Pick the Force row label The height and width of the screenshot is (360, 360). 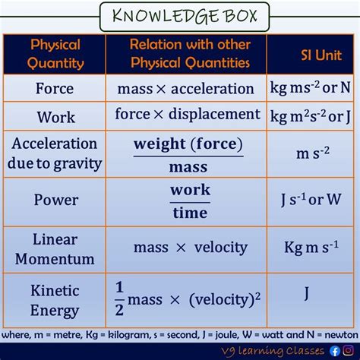click(55, 87)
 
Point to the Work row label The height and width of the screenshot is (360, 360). click(55, 118)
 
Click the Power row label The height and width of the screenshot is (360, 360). click(55, 201)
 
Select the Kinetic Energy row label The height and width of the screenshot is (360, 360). click(55, 299)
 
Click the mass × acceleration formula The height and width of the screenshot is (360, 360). click(186, 88)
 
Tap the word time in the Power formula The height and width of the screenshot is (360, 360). click(189, 213)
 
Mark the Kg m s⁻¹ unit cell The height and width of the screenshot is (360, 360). click(312, 247)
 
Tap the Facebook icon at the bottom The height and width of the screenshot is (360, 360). click(335, 350)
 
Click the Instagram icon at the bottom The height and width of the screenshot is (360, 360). click(349, 350)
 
